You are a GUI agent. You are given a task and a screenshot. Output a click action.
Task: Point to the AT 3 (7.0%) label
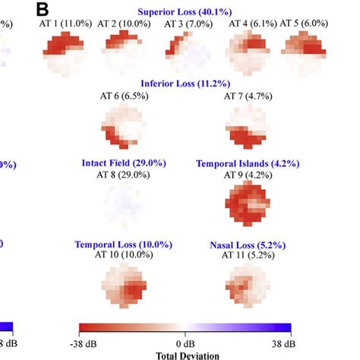pyautogui.click(x=185, y=25)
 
